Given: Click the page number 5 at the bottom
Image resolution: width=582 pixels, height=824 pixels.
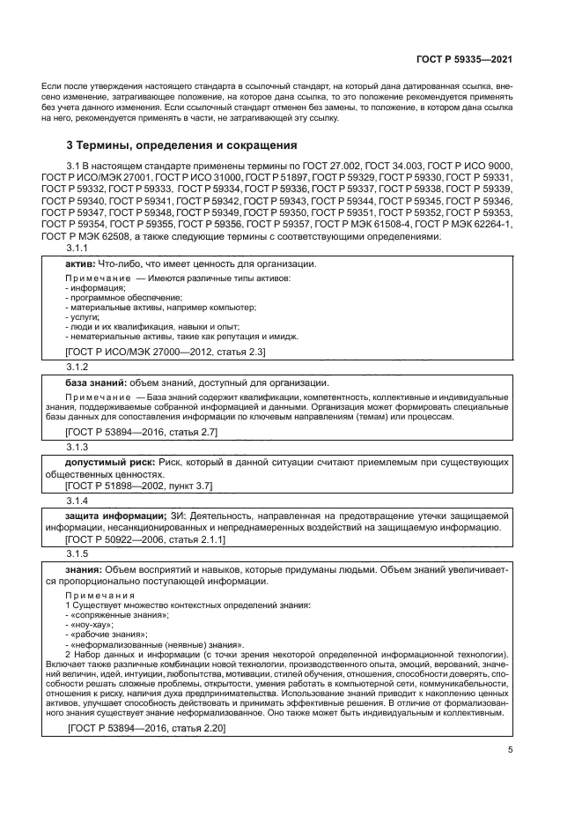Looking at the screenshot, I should point(510,750).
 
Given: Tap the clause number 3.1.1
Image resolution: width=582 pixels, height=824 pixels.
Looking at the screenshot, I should point(78,248).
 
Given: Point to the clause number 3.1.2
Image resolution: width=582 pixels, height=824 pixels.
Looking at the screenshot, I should point(78,365).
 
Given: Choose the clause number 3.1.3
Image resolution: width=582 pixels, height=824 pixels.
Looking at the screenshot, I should point(78,448).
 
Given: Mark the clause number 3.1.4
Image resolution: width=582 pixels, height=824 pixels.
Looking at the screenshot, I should point(78,501).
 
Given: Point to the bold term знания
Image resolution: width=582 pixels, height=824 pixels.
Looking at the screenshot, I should point(84,569).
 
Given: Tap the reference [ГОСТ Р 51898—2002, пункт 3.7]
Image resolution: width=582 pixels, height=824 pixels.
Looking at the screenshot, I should point(138,486).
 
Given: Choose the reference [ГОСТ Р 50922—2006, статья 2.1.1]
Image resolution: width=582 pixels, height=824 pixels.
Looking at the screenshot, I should point(145,538).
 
